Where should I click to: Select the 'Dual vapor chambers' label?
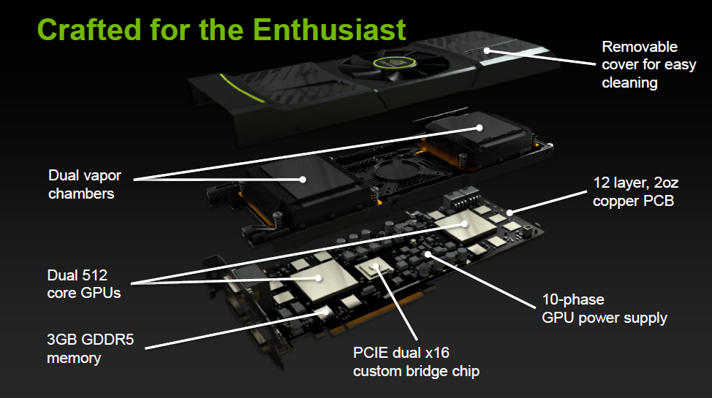pos(85,185)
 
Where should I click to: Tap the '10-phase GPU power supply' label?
pos(604,309)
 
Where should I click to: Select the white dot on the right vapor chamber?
pos(480,128)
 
